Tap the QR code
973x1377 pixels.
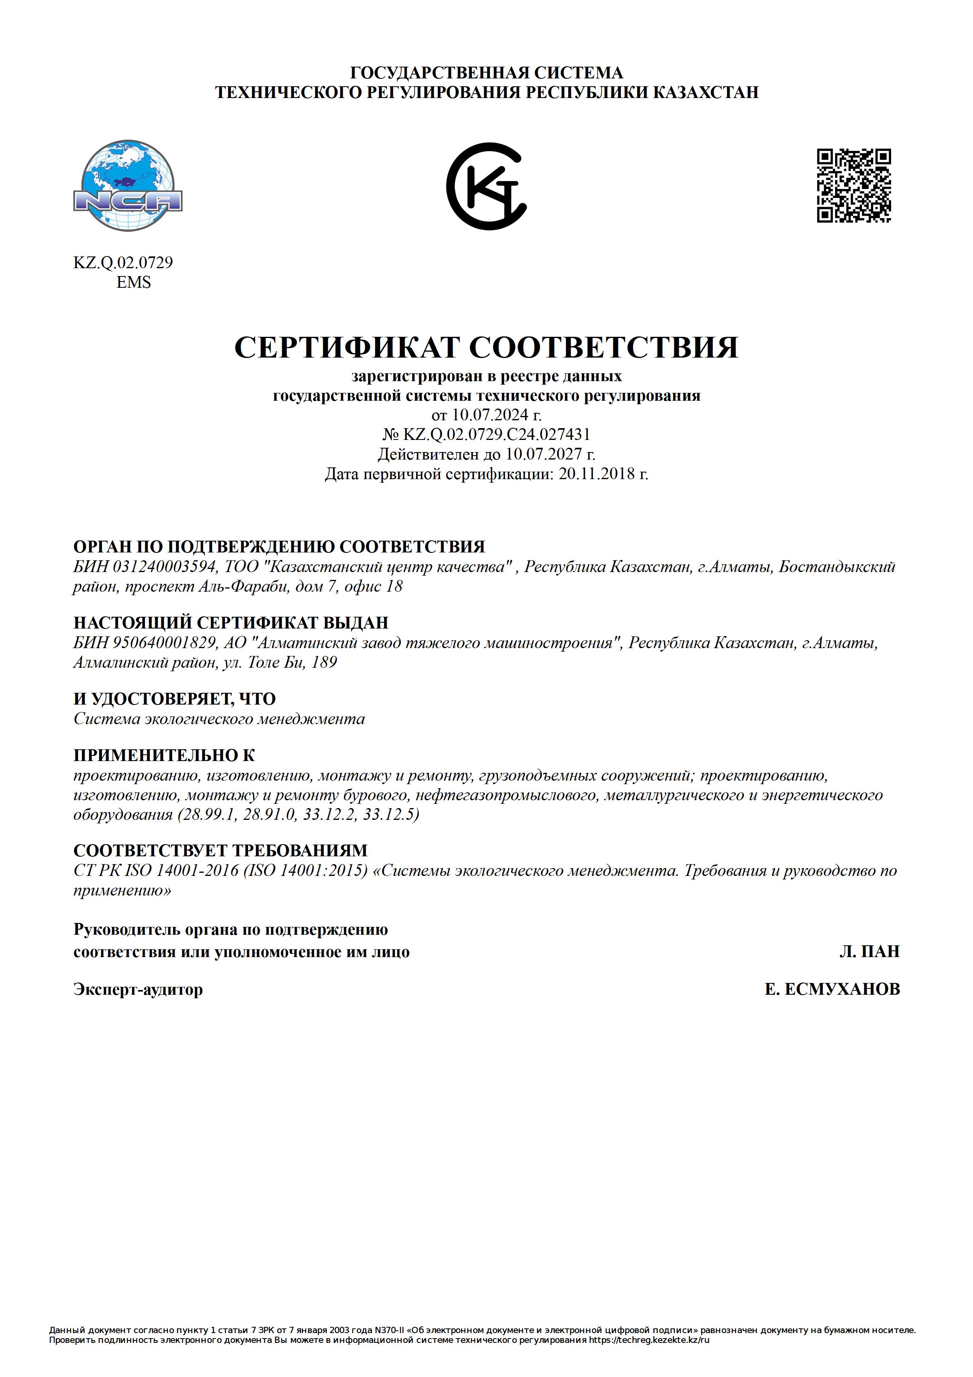click(854, 186)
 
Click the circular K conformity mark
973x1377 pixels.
click(486, 186)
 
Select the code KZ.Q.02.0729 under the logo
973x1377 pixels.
click(123, 263)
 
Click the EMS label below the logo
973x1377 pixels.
click(133, 282)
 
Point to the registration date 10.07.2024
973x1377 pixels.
click(490, 414)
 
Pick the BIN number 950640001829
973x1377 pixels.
click(164, 643)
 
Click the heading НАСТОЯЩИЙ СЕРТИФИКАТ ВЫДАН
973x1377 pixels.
click(231, 623)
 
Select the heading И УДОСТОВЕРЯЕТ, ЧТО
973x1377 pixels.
click(174, 699)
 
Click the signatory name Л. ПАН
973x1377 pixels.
click(869, 952)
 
